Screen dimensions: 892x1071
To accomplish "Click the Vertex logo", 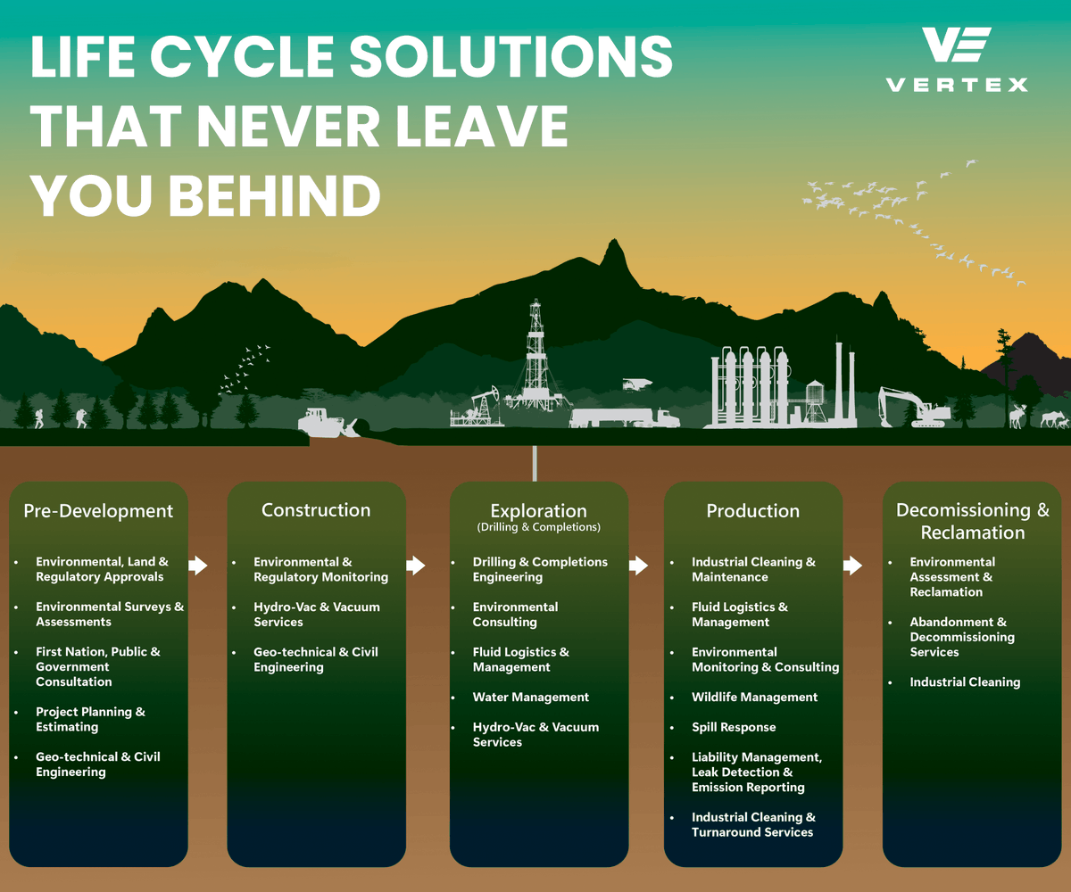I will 956,59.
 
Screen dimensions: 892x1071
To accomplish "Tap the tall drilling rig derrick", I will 535,357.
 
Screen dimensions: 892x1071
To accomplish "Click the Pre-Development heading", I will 98,511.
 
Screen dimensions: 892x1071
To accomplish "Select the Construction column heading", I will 316,510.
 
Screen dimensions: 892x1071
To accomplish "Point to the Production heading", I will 753,511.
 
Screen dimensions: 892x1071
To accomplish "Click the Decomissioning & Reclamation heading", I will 973,521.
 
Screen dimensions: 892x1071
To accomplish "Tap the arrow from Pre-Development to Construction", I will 198,566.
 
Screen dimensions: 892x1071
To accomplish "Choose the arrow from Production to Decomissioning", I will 852,566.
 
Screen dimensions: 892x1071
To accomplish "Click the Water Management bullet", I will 531,698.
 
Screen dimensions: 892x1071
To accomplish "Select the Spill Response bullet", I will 734,727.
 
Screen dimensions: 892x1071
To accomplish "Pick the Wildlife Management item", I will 754,698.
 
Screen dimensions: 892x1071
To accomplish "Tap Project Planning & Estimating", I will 90,719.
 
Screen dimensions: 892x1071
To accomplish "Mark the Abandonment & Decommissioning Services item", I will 962,637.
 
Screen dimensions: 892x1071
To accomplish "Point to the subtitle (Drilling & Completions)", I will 538,527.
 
